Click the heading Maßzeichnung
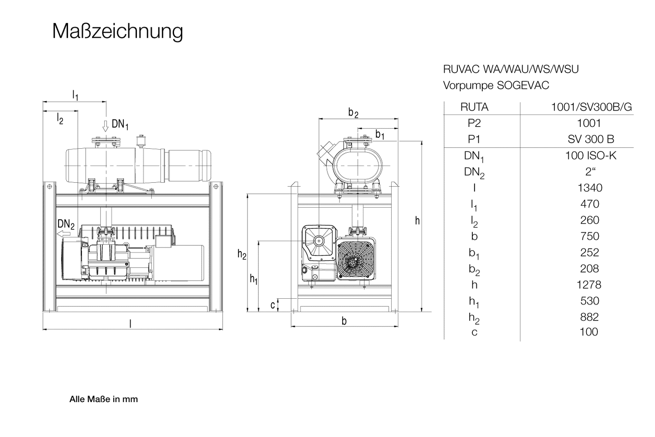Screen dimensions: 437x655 (117, 31)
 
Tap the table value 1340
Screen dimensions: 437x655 (589, 188)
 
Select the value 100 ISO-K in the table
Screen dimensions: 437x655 (590, 155)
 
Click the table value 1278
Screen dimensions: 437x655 (589, 285)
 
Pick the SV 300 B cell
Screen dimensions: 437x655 (590, 139)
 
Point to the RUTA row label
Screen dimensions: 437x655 (474, 107)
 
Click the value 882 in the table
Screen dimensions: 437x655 (589, 317)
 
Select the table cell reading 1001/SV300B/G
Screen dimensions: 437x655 (591, 107)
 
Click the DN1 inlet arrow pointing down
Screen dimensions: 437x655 (106, 126)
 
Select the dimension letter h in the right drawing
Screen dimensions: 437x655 (417, 221)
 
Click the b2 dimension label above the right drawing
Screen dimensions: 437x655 (353, 112)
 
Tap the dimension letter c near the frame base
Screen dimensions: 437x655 (272, 305)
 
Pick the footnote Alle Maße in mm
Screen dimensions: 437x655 (103, 399)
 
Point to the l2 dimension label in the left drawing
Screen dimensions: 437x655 (60, 119)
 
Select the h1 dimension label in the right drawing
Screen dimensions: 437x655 (254, 279)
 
